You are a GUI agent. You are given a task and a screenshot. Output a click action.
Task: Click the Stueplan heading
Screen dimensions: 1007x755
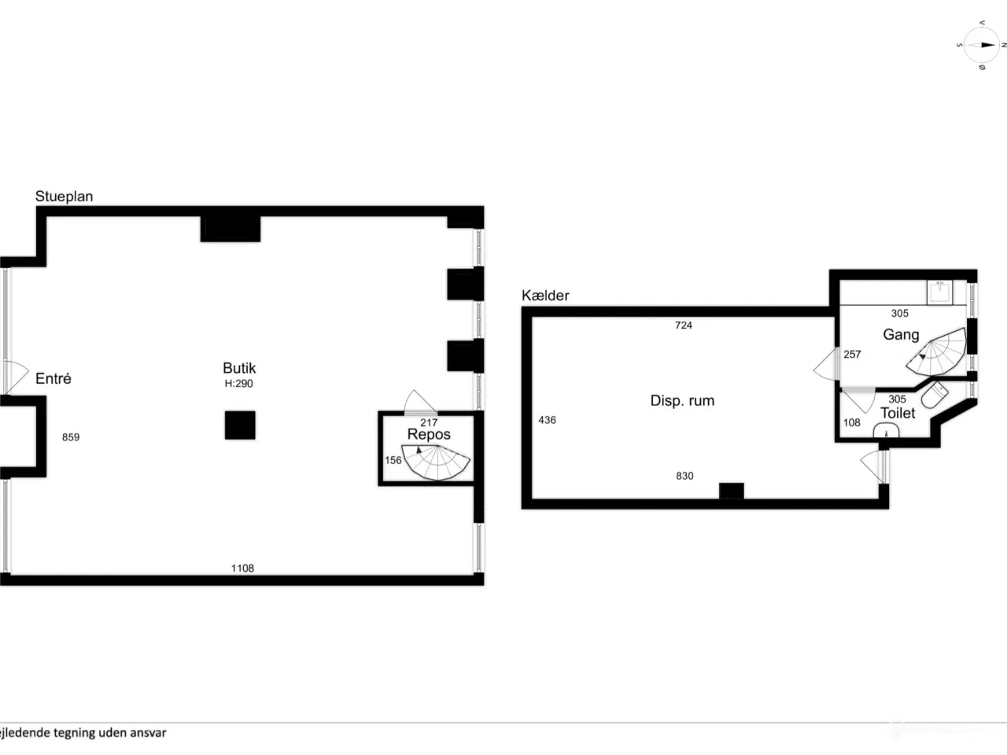(x=65, y=196)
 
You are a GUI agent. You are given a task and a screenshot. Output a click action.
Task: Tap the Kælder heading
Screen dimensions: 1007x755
(x=545, y=296)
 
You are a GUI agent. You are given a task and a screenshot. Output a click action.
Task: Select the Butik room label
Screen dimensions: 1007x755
(x=239, y=368)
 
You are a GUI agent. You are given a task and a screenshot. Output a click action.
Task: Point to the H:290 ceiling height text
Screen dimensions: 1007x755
(x=238, y=384)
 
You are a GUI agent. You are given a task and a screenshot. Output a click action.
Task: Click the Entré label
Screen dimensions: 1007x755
(x=53, y=378)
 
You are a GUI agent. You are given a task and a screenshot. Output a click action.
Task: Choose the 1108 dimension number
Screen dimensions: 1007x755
(x=242, y=569)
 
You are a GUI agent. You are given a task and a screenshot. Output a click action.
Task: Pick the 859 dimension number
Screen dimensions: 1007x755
(x=71, y=437)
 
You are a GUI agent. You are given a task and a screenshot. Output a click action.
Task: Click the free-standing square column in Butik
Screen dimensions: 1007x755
(x=240, y=425)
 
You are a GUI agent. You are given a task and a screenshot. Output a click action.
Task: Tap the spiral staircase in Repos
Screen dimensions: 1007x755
(x=436, y=462)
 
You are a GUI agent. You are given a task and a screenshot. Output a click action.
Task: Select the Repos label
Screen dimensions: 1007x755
(x=429, y=434)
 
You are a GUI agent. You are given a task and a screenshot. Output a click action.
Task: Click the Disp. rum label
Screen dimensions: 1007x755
(x=682, y=400)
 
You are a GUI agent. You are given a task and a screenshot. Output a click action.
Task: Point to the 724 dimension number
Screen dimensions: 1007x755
(x=684, y=326)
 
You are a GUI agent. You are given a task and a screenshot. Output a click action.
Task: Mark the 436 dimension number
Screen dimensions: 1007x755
(x=547, y=420)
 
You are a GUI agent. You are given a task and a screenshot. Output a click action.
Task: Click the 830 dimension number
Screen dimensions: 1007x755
(x=684, y=477)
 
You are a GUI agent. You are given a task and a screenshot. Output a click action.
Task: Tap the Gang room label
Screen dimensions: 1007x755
(x=901, y=335)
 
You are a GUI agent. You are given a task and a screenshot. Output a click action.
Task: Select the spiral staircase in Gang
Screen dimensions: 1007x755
(x=937, y=352)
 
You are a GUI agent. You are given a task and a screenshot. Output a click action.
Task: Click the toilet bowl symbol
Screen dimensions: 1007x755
(x=934, y=395)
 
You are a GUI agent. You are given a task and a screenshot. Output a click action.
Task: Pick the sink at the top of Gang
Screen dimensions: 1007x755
(x=939, y=293)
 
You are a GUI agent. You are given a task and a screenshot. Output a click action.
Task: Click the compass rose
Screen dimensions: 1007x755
(x=982, y=45)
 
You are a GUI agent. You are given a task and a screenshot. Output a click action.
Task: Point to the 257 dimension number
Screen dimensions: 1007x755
(x=852, y=355)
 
